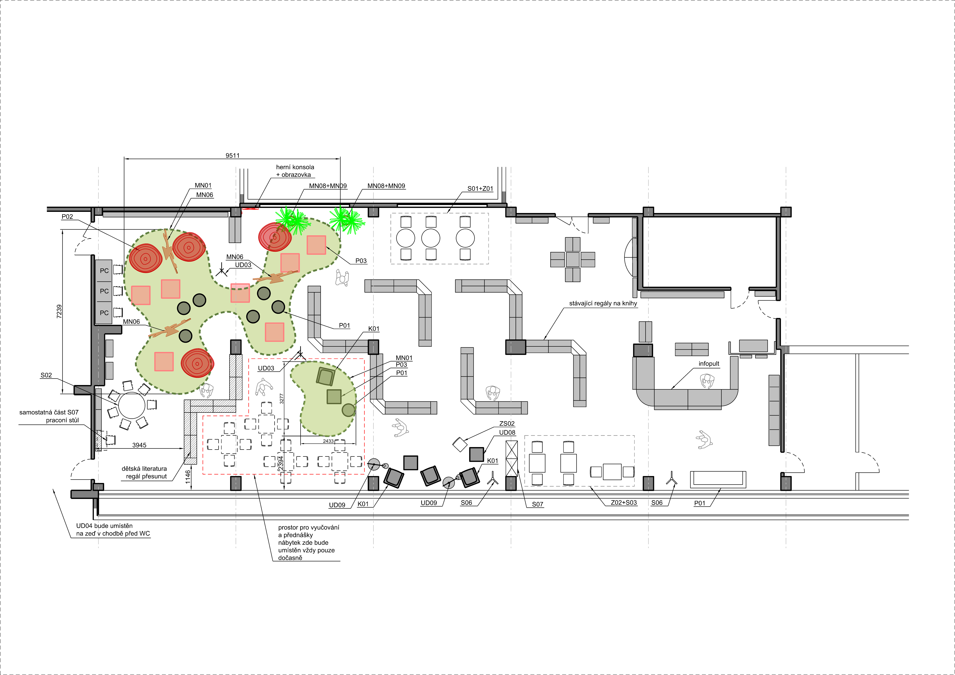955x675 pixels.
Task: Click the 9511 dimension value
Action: pos(233,155)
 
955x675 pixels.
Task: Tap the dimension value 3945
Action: pos(139,445)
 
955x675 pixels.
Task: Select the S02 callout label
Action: pos(46,375)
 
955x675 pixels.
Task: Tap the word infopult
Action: pos(709,364)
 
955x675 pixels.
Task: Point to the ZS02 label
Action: pos(507,424)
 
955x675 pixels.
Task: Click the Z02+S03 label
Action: pos(624,503)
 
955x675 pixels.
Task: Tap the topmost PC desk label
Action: pos(104,271)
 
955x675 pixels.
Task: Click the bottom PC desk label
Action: pos(104,313)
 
